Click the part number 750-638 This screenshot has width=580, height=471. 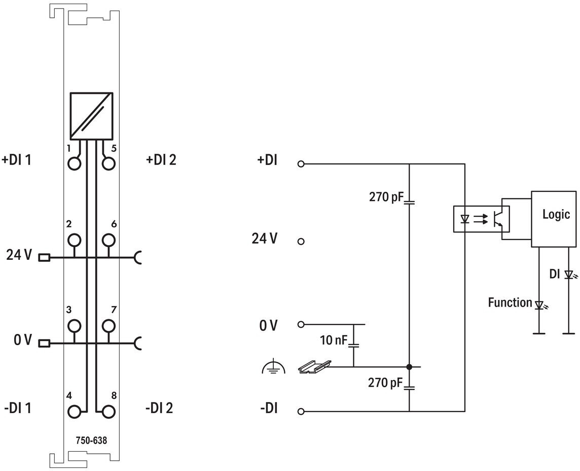(x=91, y=441)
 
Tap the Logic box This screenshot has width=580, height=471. (x=554, y=219)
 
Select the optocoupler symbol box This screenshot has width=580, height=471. (x=481, y=219)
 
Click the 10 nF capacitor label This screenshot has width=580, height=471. (x=333, y=340)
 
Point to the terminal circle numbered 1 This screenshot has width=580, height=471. (x=75, y=163)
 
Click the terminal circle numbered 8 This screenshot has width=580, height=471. (x=108, y=412)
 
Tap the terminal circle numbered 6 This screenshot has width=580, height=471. (x=108, y=240)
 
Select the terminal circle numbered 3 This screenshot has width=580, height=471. (x=75, y=326)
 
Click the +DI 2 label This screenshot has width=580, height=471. (x=161, y=160)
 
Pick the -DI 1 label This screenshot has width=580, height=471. (x=17, y=408)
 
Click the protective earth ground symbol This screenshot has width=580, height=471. (x=273, y=366)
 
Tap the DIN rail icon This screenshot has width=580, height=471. (x=314, y=366)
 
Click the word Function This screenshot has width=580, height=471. (x=510, y=302)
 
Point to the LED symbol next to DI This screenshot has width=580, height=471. (x=569, y=275)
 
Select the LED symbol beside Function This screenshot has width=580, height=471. (x=540, y=305)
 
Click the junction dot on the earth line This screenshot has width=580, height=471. (x=409, y=367)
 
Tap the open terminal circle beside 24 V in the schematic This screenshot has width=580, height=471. (x=301, y=242)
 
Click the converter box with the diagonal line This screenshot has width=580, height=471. (x=91, y=116)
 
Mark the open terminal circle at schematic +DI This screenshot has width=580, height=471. (x=301, y=163)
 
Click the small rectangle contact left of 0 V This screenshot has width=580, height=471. (x=44, y=343)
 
